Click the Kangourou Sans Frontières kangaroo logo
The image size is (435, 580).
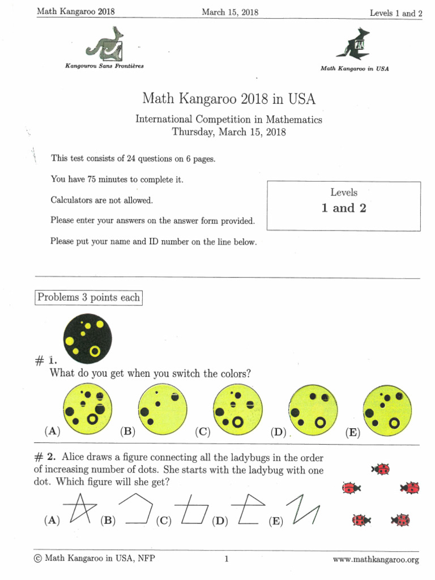[x=105, y=44]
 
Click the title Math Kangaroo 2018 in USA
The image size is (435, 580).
[x=229, y=99]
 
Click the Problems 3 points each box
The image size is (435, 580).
[x=88, y=297]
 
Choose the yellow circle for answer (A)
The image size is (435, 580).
[x=88, y=409]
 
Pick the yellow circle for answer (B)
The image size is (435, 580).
[x=163, y=409]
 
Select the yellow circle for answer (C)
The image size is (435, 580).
[x=238, y=409]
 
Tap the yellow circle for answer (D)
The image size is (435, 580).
[x=313, y=409]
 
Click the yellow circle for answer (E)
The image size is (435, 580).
[x=387, y=409]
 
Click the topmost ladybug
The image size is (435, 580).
[x=381, y=469]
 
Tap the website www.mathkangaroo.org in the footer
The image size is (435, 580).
[x=376, y=560]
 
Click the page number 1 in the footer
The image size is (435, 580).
[x=227, y=560]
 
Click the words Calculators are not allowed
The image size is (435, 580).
[x=102, y=200]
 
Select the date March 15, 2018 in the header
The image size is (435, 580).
[x=230, y=12]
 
